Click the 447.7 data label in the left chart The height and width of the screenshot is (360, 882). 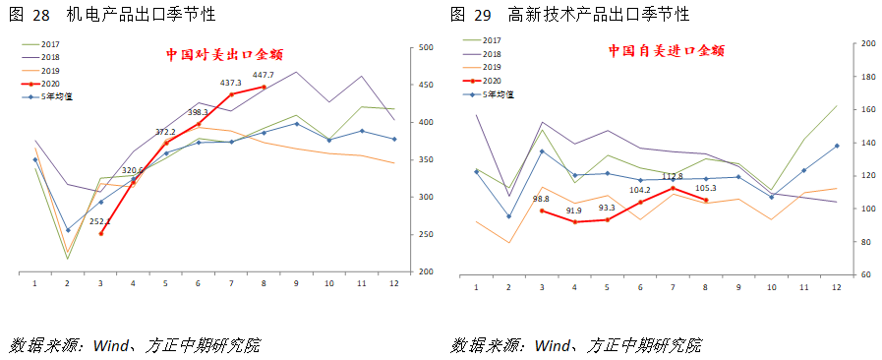click(x=263, y=76)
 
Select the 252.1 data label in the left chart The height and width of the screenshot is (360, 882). click(x=101, y=221)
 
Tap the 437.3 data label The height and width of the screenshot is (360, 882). click(x=230, y=83)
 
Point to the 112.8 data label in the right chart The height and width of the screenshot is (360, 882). click(x=672, y=177)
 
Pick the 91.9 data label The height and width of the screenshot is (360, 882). click(x=573, y=210)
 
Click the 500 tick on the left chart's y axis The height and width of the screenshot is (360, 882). click(x=426, y=47)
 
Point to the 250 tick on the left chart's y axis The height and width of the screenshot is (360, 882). click(x=426, y=234)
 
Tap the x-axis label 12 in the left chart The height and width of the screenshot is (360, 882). click(x=393, y=283)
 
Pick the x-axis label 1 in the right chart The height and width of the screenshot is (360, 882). click(x=476, y=287)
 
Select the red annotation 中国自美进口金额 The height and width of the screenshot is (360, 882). click(x=666, y=50)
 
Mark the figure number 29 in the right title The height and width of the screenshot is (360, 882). click(x=482, y=15)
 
